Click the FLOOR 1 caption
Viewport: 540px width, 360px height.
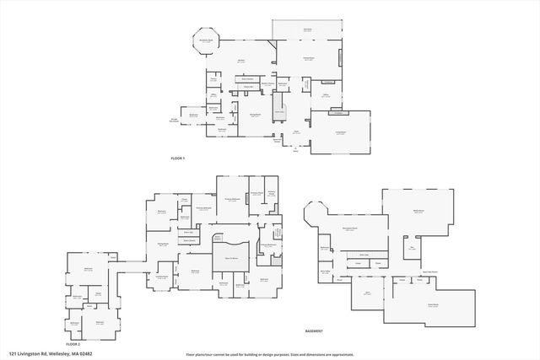(177, 159)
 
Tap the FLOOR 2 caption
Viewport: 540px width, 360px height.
(73, 344)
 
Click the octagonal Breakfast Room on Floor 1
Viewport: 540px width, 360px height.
(205, 40)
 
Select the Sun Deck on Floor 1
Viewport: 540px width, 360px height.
(308, 30)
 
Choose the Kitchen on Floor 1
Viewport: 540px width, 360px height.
(240, 61)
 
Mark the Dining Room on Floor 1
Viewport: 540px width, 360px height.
(253, 115)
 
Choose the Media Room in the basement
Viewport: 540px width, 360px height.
(417, 211)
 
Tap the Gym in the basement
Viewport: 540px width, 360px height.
(368, 293)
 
